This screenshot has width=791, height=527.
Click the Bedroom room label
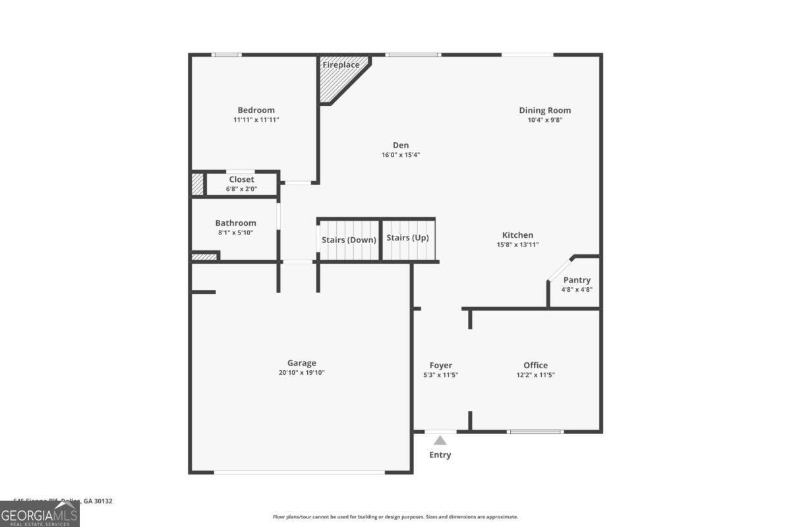click(x=256, y=110)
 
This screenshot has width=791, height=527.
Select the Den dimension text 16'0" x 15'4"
click(x=400, y=155)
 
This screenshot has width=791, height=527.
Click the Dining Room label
click(x=544, y=110)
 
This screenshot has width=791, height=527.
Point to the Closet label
click(x=241, y=179)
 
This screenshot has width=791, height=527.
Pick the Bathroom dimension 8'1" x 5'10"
click(x=235, y=233)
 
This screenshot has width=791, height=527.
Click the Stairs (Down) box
click(x=349, y=240)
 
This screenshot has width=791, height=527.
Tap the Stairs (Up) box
click(x=407, y=238)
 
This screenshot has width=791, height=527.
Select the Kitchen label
click(x=517, y=235)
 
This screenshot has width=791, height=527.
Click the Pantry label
click(x=577, y=280)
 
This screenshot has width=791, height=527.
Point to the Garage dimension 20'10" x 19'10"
click(x=301, y=372)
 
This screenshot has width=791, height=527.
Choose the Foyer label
click(x=440, y=366)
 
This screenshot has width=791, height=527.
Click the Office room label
click(x=535, y=366)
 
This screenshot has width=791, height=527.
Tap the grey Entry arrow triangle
click(x=440, y=440)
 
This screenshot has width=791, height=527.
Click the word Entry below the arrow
click(x=440, y=455)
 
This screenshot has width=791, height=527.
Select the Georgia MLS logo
click(x=40, y=514)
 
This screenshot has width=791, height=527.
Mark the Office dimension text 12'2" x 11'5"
click(x=535, y=375)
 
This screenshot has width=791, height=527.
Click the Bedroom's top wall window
click(x=226, y=55)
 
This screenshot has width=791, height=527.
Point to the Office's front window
click(x=535, y=431)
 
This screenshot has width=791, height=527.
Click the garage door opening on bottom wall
click(x=300, y=472)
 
